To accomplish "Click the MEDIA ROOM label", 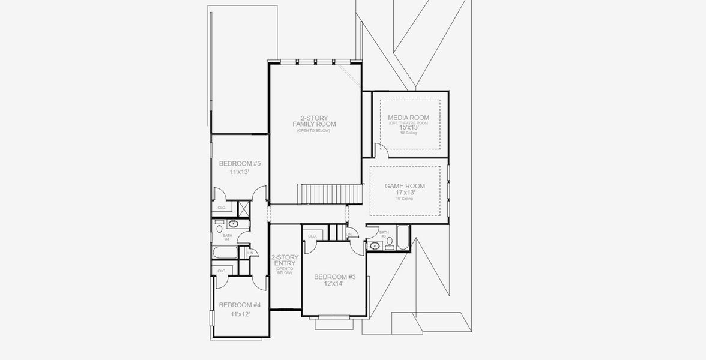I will click(x=408, y=117).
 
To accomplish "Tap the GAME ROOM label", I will click(x=405, y=186).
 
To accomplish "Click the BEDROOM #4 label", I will click(x=235, y=305).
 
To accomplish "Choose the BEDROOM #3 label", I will click(x=335, y=277).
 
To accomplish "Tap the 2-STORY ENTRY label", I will click(x=285, y=260).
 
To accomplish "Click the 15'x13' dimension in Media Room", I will click(x=408, y=127).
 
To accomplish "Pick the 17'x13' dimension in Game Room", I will click(x=405, y=193).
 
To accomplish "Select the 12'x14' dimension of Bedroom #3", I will click(x=335, y=283).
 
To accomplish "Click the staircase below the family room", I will click(x=330, y=194).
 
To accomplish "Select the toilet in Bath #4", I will click(x=219, y=229).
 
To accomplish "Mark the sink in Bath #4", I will click(x=232, y=224).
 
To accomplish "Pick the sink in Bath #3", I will click(x=375, y=245).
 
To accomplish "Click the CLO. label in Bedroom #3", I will click(x=312, y=236).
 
